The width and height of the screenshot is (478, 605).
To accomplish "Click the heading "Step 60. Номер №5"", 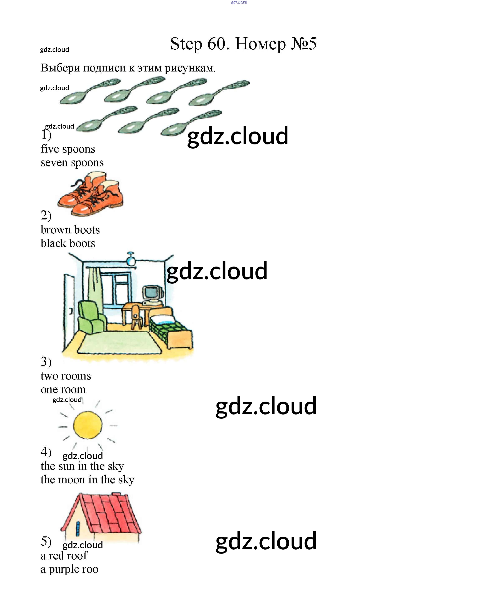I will coord(243,44).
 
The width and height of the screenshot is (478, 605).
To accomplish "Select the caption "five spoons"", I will coord(68,149).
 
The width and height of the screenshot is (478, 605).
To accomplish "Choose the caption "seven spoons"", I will coord(72,163).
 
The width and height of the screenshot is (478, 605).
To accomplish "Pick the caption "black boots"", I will coord(68,243).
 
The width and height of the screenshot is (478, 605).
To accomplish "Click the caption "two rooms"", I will coord(66,376).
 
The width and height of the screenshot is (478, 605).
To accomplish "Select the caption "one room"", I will coord(63,389).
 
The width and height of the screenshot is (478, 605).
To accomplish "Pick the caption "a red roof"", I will coord(64,555).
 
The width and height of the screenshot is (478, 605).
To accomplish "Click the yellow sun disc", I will coord(88,425).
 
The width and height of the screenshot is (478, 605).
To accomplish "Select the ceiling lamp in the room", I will coord(131,261).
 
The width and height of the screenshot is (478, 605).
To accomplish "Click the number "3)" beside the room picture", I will coord(46,362).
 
